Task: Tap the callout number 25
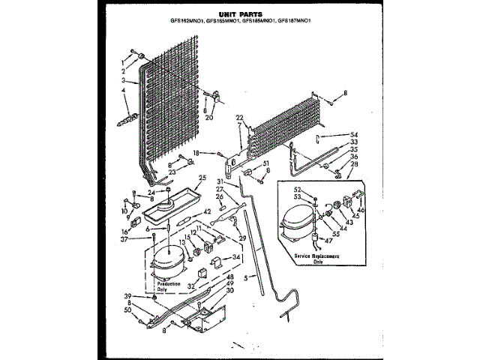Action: [201, 178]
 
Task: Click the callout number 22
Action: [239, 117]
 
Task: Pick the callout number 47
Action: [328, 240]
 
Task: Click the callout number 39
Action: [128, 296]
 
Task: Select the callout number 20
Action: [209, 118]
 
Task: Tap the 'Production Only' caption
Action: [166, 286]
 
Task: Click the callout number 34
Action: [237, 257]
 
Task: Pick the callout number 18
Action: [196, 152]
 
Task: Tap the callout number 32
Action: [191, 286]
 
